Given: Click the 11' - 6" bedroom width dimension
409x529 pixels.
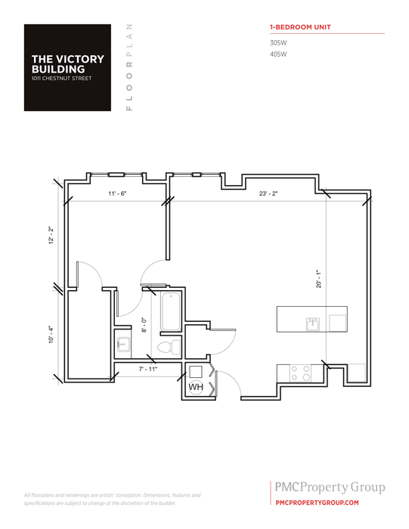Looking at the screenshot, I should pyautogui.click(x=116, y=194).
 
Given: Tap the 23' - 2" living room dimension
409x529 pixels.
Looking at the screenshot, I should pyautogui.click(x=268, y=194).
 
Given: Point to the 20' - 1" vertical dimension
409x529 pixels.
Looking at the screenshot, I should pyautogui.click(x=320, y=279).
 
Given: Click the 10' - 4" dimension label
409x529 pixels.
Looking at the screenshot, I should pyautogui.click(x=51, y=334).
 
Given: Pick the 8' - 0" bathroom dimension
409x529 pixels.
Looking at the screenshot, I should pyautogui.click(x=145, y=325).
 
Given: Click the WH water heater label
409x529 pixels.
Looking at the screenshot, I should pyautogui.click(x=195, y=387).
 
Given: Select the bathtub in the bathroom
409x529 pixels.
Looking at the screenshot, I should pyautogui.click(x=169, y=311).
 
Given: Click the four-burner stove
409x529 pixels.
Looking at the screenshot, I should pyautogui.click(x=301, y=373).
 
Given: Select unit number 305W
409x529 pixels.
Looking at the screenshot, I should pyautogui.click(x=278, y=43).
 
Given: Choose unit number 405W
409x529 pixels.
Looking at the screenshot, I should pyautogui.click(x=278, y=54).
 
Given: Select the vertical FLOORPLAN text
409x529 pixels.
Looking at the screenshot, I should pyautogui.click(x=129, y=67).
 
